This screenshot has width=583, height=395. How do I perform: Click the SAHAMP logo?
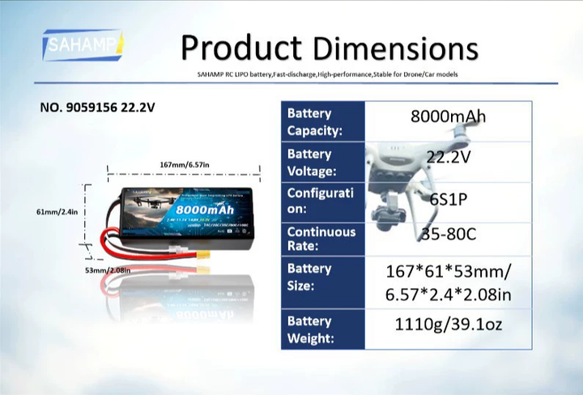coord(83,46)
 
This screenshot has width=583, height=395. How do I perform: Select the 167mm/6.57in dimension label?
coord(185,165)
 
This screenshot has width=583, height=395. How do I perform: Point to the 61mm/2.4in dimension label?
coord(57,212)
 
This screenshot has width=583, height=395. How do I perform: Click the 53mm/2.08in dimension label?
coord(109,270)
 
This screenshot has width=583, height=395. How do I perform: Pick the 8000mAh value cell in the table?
coord(448,116)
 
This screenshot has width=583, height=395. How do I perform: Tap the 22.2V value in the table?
coord(448,158)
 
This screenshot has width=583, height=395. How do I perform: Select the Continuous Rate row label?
coord(322,239)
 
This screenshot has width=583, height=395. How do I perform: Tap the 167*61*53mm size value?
coord(448,270)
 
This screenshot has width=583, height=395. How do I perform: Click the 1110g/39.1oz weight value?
coord(448,325)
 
